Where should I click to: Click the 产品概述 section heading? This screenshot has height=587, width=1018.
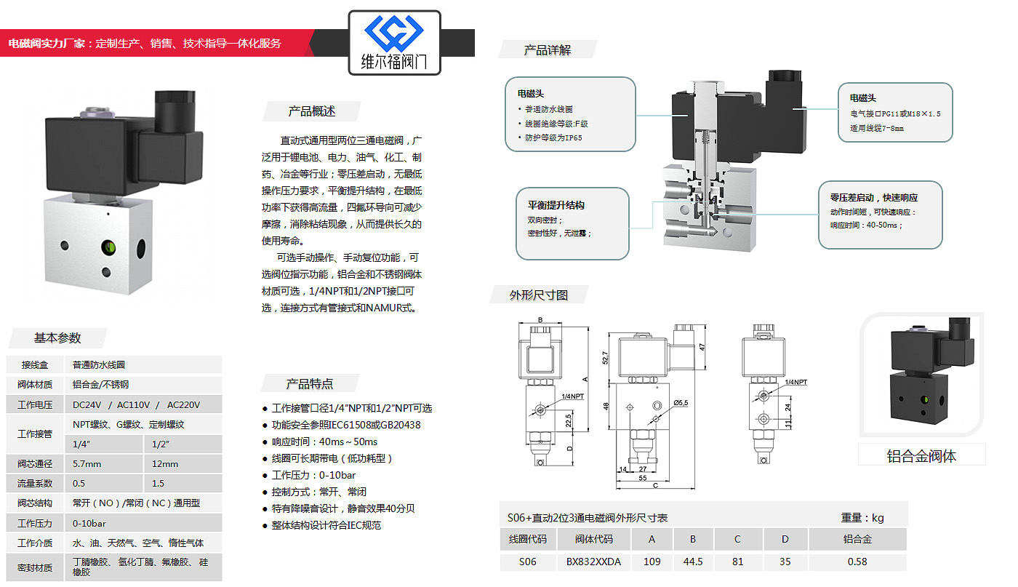pos(312,111)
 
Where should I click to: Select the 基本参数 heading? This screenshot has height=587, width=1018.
pos(57,338)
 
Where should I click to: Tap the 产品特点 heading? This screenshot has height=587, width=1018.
pos(310,384)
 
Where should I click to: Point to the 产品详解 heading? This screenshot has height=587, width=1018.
pos(548,50)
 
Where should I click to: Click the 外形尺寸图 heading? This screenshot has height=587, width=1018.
pos(539,295)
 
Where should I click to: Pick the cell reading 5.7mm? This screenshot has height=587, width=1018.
pos(87,464)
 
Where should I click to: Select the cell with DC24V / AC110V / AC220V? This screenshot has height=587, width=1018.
pos(136,405)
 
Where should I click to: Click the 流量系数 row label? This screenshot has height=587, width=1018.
pos(35,484)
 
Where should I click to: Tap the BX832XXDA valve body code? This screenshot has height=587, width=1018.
pos(593,562)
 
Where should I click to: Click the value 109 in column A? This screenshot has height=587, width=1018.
pos(652,562)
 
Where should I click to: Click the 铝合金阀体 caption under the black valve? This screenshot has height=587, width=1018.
pos(921,456)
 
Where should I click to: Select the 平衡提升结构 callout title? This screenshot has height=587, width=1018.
pos(556,205)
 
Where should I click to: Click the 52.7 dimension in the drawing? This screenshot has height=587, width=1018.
pos(605,357)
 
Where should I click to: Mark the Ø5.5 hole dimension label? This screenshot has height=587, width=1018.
pos(681,402)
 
